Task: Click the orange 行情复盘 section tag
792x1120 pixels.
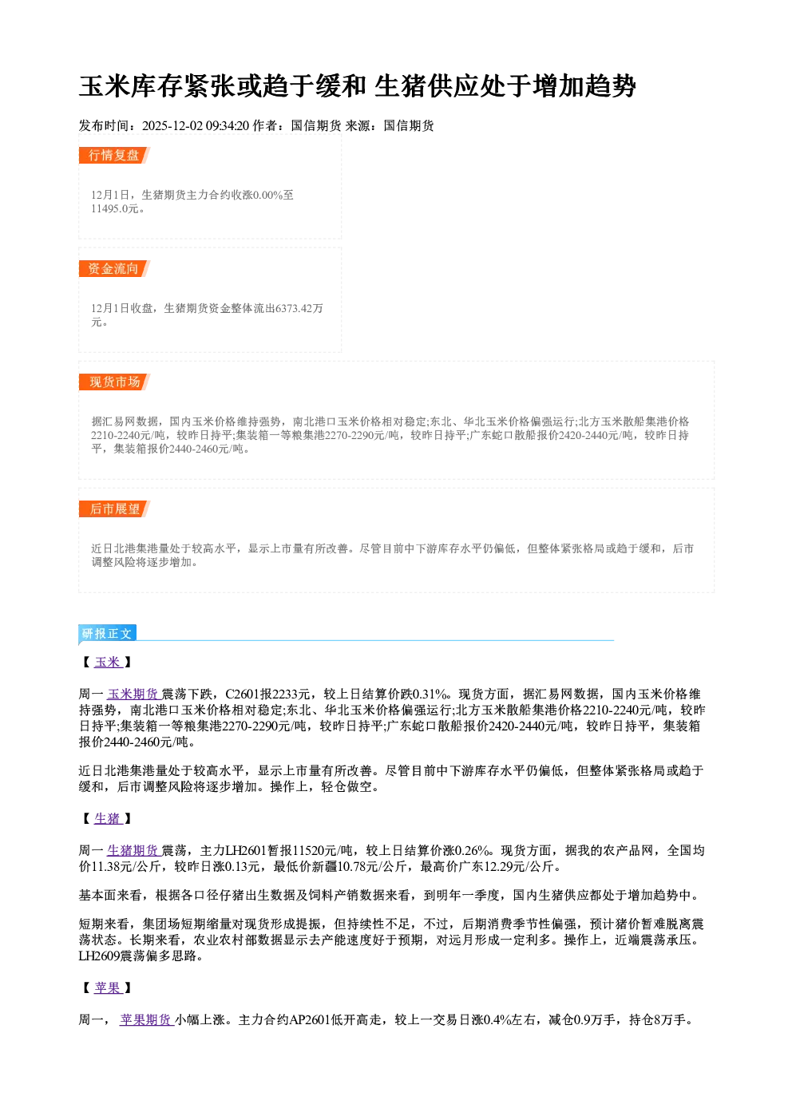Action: pyautogui.click(x=114, y=156)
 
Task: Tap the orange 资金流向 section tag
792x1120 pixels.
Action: pyautogui.click(x=114, y=269)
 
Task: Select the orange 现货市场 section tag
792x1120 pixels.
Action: pyautogui.click(x=114, y=382)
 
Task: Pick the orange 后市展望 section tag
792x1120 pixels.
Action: pyautogui.click(x=114, y=509)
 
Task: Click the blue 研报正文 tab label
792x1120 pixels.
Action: pyautogui.click(x=107, y=634)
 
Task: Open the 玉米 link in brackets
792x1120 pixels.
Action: pyautogui.click(x=109, y=663)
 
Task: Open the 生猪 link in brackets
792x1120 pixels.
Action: pyautogui.click(x=109, y=819)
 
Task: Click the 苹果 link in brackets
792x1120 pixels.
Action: pyautogui.click(x=109, y=988)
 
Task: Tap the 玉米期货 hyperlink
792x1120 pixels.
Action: pyautogui.click(x=133, y=695)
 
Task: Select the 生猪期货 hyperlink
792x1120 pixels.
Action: pyautogui.click(x=133, y=851)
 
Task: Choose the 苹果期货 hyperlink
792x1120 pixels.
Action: pyautogui.click(x=146, y=1020)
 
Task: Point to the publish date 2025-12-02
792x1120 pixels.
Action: pyautogui.click(x=172, y=126)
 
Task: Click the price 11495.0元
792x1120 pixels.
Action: pyautogui.click(x=115, y=209)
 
